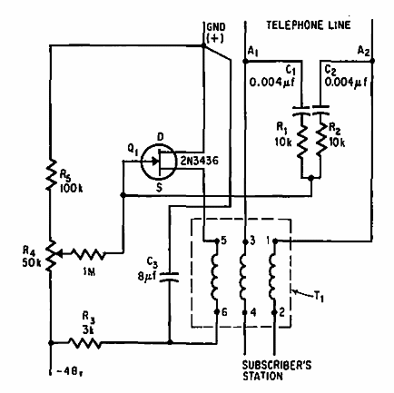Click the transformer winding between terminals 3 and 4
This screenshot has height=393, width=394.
244,277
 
